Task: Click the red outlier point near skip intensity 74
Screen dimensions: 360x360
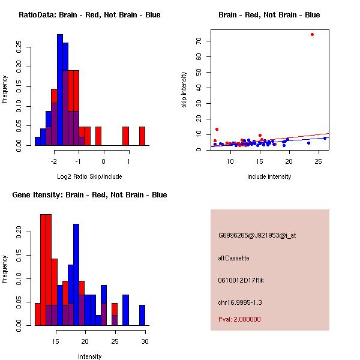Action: [312, 34]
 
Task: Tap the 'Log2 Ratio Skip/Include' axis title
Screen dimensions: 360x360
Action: [89, 176]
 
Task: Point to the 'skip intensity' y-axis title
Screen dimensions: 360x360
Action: [184, 90]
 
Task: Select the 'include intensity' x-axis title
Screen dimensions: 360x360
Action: [269, 176]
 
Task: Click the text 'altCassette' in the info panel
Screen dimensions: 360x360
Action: [233, 258]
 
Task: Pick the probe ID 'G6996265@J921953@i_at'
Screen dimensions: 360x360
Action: [257, 235]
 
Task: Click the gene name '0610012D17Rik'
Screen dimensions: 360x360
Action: [241, 280]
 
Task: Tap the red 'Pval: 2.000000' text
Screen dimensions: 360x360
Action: [239, 319]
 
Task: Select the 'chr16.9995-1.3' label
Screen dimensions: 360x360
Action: [240, 302]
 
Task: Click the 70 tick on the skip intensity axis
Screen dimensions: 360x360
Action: [198, 41]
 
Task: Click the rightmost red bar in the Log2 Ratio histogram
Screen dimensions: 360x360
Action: [142, 136]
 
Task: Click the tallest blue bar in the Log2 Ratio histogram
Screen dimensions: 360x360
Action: [60, 90]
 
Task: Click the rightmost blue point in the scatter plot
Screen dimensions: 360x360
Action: [325, 138]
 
